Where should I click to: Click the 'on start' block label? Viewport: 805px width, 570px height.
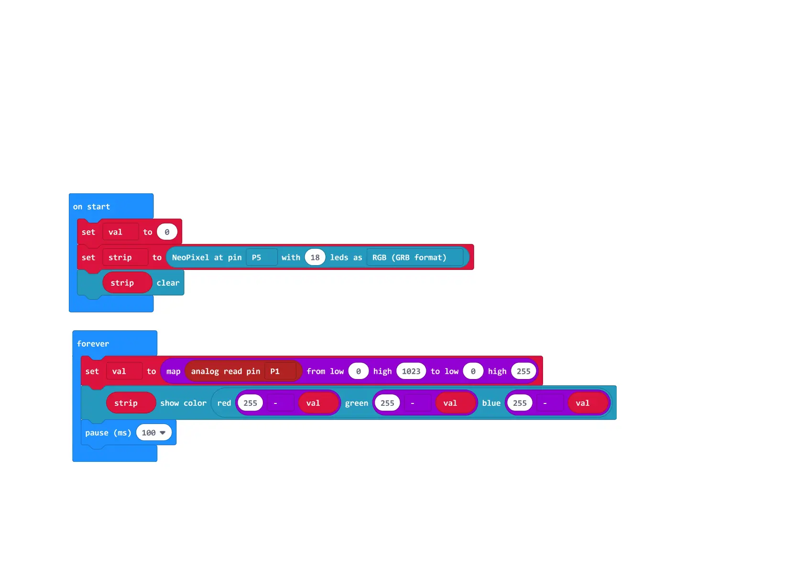[x=91, y=207]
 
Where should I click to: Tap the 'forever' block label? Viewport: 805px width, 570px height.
[x=93, y=344]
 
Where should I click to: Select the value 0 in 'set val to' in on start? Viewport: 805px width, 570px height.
[x=167, y=232]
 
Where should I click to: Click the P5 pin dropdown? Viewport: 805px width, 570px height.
[x=261, y=257]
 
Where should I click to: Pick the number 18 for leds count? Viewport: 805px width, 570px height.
[x=315, y=257]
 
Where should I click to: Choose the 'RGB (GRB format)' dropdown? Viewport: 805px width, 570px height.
[x=414, y=257]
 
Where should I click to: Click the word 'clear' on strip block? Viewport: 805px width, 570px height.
[x=168, y=283]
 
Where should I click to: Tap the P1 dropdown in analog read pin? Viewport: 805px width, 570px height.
[x=280, y=371]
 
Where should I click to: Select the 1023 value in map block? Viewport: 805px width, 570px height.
[x=411, y=371]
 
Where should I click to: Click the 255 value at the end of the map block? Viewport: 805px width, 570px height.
[x=523, y=371]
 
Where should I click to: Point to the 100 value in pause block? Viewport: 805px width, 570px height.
[x=153, y=433]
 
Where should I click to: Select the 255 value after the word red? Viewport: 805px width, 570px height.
[x=250, y=403]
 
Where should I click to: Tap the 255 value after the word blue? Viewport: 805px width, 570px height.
[x=520, y=403]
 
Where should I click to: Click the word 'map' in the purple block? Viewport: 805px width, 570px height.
[x=173, y=371]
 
